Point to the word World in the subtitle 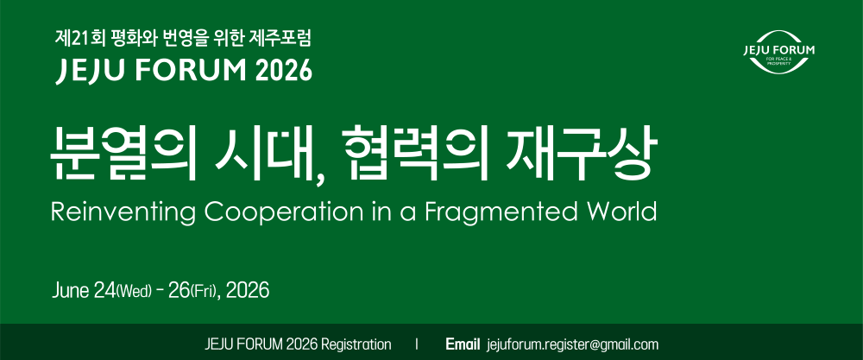tap(613, 212)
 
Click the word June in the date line tap(72, 290)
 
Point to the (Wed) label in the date tap(133, 291)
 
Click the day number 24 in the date tap(104, 290)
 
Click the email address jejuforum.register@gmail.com tap(572, 345)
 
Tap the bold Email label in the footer tap(463, 344)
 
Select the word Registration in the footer tap(356, 345)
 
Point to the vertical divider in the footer tap(417, 345)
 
